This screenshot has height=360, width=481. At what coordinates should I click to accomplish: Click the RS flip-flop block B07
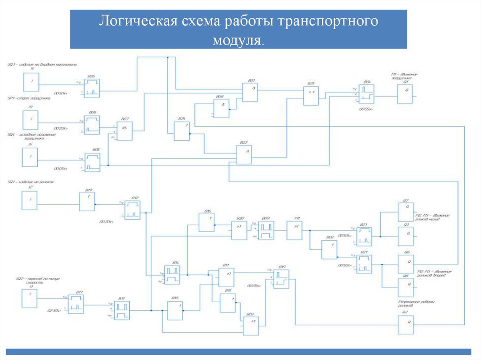coord(124,131)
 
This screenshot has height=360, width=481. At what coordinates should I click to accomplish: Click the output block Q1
coord(405,94)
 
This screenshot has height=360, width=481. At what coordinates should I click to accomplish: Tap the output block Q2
coord(406,325)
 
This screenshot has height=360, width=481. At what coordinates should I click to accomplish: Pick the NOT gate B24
coord(181,131)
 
